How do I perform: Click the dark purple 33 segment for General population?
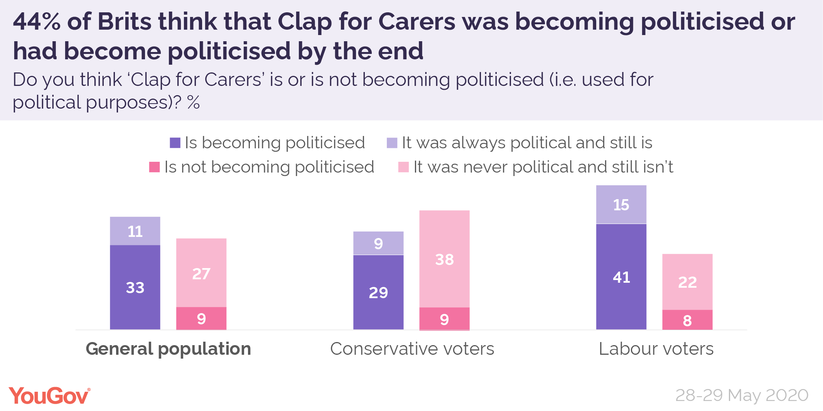[x=135, y=287]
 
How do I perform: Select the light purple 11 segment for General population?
[x=135, y=231]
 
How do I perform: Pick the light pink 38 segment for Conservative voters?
[x=444, y=259]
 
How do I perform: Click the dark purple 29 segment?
[x=378, y=292]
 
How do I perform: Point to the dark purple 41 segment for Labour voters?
[x=621, y=277]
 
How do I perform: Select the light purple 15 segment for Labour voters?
[x=621, y=205]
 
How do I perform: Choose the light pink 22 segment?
[x=687, y=282]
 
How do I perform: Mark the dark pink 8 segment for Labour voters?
[x=687, y=320]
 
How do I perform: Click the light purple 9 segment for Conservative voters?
[x=378, y=243]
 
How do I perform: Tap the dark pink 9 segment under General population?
[x=201, y=318]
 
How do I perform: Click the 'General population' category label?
[x=169, y=349]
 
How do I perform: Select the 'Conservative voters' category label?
[x=412, y=349]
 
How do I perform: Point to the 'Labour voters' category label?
[x=656, y=349]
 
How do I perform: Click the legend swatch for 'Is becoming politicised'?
[x=175, y=143]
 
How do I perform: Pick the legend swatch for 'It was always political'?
[x=392, y=143]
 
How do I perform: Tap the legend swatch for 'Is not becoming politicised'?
[x=154, y=167]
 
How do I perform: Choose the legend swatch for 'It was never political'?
[x=403, y=167]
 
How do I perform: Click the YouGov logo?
[x=49, y=396]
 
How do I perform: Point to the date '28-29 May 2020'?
[x=742, y=395]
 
